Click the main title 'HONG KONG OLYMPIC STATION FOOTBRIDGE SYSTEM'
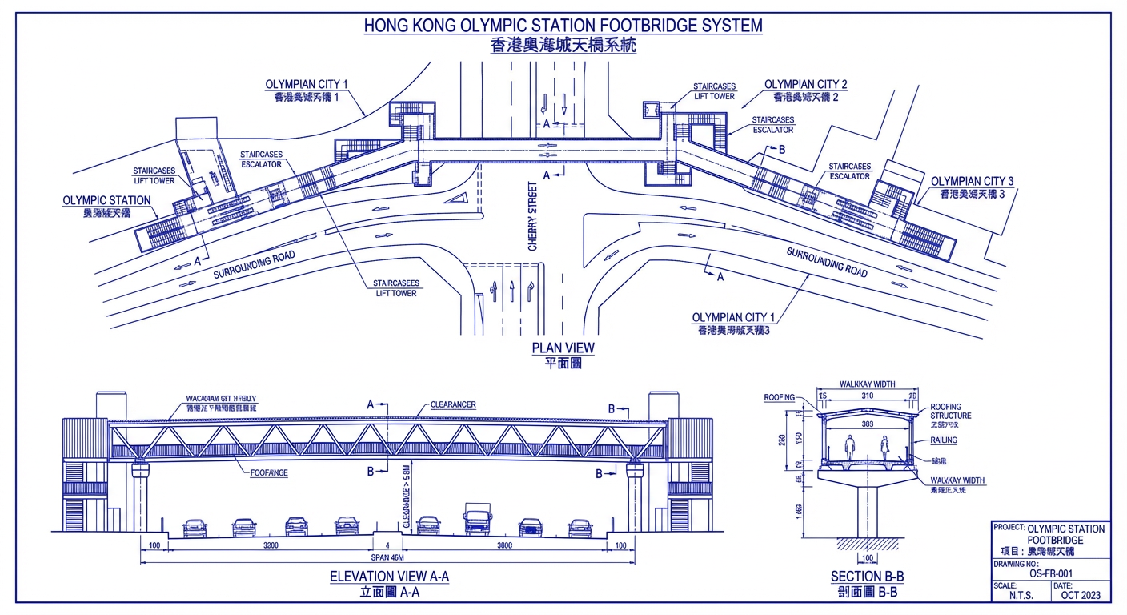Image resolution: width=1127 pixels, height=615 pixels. (563, 26)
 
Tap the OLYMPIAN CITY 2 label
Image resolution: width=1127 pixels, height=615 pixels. (805, 84)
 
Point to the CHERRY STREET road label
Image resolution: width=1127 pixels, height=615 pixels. (533, 216)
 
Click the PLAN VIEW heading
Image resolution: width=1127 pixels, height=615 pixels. (563, 348)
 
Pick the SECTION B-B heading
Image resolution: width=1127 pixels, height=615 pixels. (867, 577)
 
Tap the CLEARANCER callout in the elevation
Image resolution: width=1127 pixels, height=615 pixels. (453, 405)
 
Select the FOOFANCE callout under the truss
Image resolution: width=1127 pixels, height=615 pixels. (269, 473)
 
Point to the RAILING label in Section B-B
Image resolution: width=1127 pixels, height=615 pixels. (944, 440)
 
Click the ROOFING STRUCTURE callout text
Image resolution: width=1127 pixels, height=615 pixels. (950, 412)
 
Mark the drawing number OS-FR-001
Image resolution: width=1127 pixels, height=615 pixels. (1050, 573)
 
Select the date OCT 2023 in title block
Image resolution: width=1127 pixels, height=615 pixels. (1081, 595)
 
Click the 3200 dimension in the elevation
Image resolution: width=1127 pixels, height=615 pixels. (270, 546)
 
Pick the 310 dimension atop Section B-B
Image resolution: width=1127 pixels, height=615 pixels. (868, 396)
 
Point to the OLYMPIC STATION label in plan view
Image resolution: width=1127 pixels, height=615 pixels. (106, 201)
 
